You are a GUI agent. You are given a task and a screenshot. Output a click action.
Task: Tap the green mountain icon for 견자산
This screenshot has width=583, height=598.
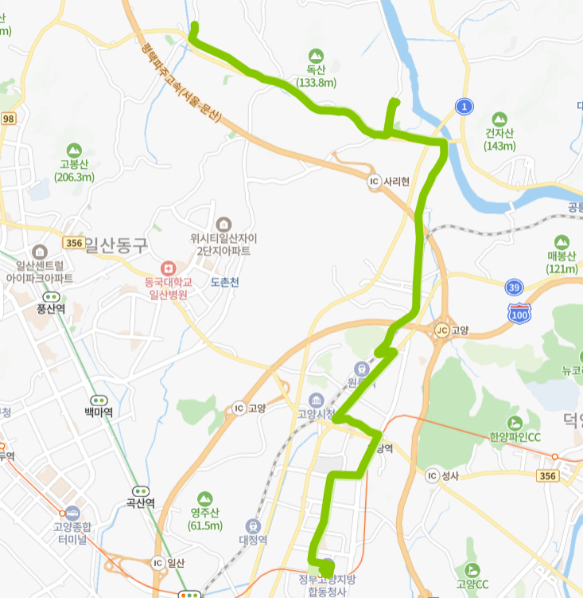pyautogui.click(x=499, y=119)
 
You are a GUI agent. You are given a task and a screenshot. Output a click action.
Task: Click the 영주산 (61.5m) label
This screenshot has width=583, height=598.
pyautogui.click(x=205, y=519)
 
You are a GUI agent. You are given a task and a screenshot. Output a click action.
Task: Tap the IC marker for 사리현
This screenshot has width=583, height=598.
pyautogui.click(x=375, y=182)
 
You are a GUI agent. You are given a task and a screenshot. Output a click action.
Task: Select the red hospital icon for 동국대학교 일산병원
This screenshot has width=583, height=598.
pyautogui.click(x=167, y=267)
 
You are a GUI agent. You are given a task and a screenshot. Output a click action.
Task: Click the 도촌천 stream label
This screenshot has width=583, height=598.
pyautogui.click(x=225, y=282)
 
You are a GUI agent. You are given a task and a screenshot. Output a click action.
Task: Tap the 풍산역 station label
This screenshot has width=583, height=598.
pyautogui.click(x=51, y=309)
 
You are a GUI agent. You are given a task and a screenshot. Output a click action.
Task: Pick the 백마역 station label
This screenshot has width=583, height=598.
pyautogui.click(x=99, y=412)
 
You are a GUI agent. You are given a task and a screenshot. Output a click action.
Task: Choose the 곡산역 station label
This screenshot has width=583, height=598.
pyautogui.click(x=141, y=503)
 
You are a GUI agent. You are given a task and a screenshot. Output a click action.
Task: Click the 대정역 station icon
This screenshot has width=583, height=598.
pyautogui.click(x=253, y=526)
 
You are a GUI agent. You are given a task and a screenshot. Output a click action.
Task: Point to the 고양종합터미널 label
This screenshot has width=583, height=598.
pyautogui.click(x=72, y=532)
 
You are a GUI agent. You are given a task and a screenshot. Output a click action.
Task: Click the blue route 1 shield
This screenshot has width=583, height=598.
pyautogui.click(x=464, y=106)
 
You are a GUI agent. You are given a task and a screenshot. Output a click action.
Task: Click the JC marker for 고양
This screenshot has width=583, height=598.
pyautogui.click(x=441, y=330)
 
